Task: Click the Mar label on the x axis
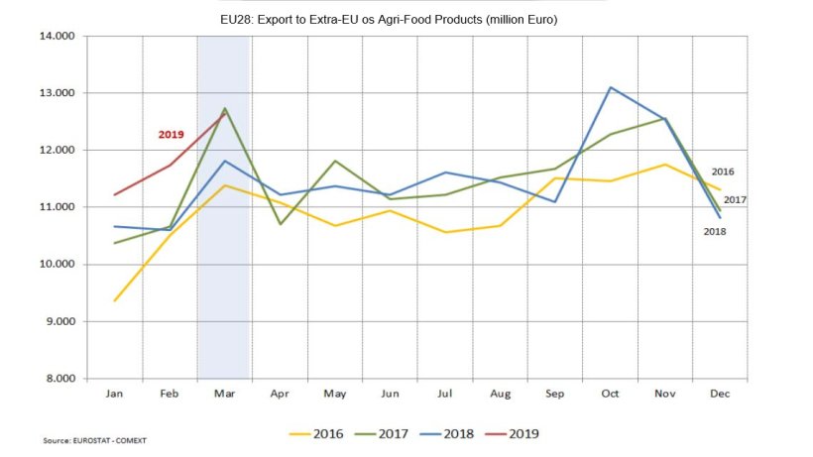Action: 223,394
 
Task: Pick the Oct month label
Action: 609,394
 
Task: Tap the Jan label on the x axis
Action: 114,394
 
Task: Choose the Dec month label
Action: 719,394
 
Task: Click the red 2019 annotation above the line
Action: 172,134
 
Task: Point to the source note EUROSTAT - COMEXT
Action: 86,439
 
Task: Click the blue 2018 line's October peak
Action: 611,87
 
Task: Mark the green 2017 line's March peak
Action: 225,108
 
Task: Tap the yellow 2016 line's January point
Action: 115,300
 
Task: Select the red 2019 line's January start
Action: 115,194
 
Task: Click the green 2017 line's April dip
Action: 280,224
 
